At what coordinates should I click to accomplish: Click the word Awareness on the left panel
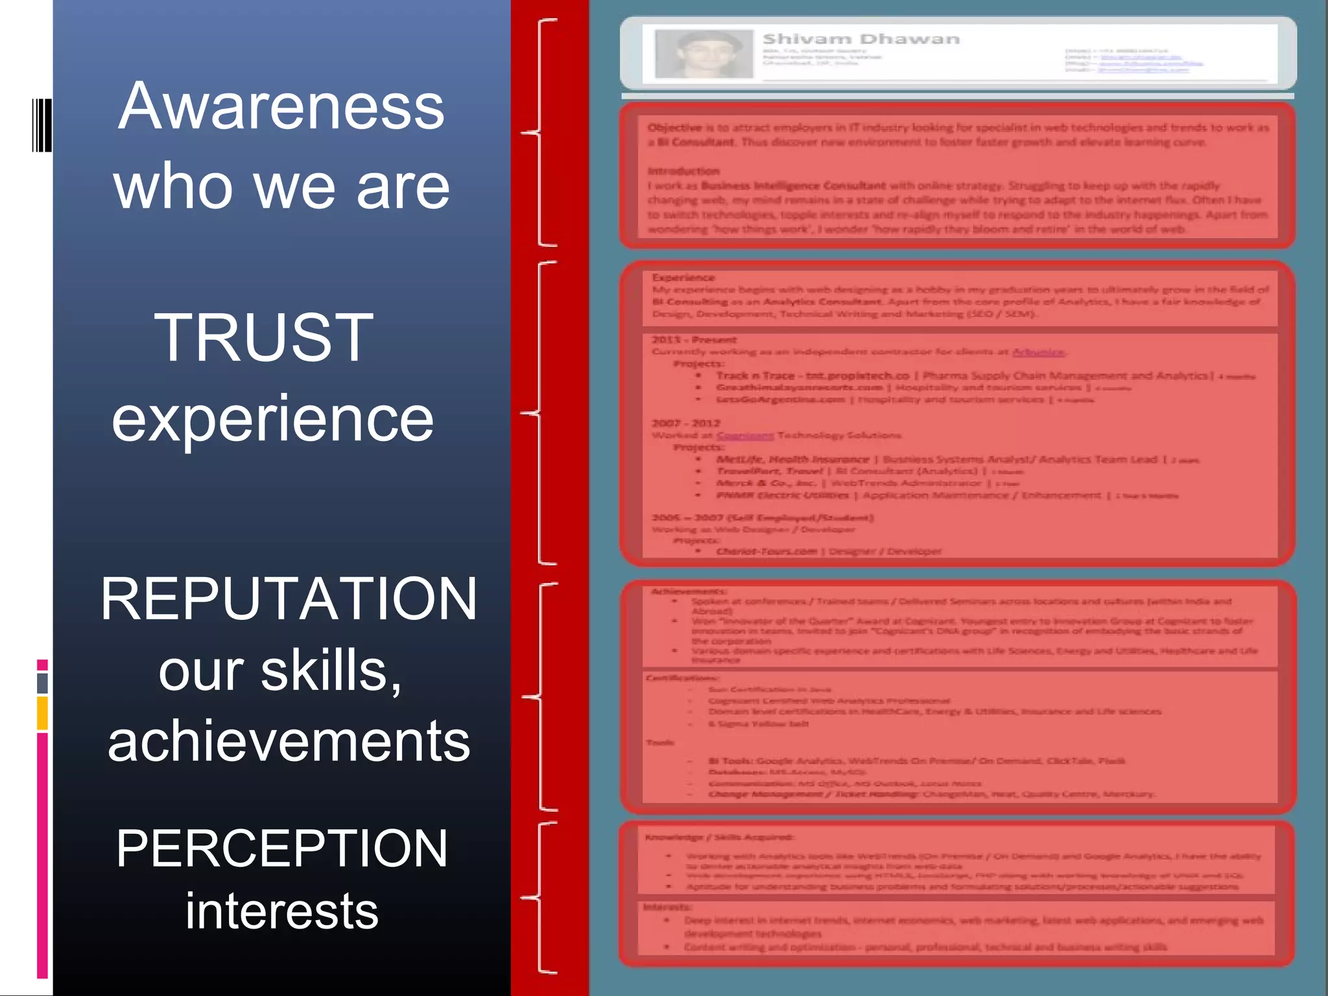(281, 107)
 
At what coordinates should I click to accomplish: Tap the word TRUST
(263, 337)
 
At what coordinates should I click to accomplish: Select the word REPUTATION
(289, 599)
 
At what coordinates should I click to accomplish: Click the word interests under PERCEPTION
(282, 911)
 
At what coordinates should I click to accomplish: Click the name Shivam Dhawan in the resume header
(860, 40)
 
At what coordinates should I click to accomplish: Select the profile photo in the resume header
(704, 54)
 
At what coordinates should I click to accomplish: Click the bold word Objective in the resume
(674, 128)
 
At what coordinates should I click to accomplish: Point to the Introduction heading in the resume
(683, 171)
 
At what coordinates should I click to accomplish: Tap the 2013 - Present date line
(694, 340)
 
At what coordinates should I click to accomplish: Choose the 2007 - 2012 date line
(686, 423)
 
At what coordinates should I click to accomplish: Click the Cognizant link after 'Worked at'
(745, 435)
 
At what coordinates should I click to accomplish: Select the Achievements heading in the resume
(688, 591)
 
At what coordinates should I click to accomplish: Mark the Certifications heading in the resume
(681, 678)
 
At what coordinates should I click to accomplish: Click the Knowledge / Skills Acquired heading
(718, 837)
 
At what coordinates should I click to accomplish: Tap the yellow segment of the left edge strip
(42, 713)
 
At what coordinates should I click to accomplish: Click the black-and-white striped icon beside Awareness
(41, 125)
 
